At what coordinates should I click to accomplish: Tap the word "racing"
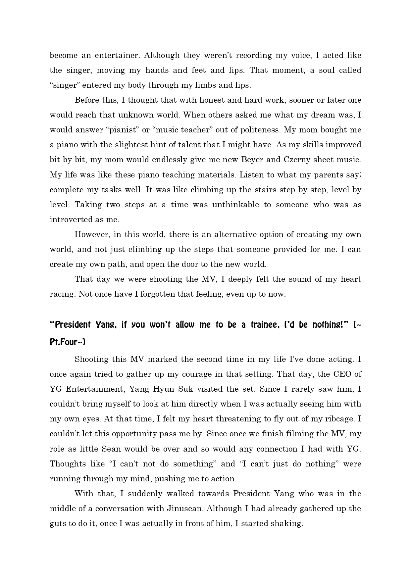click(62, 294)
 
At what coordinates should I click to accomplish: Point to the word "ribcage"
click(340, 419)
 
